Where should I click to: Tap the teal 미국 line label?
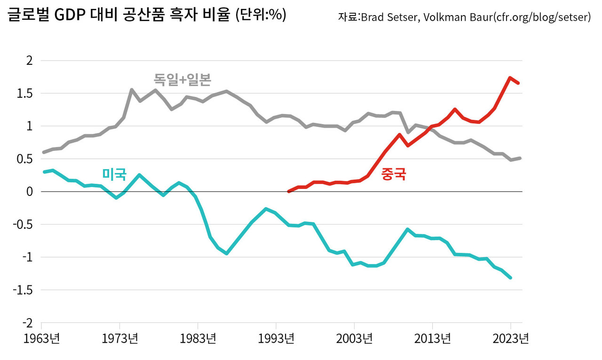tap(114, 174)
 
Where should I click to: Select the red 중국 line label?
tap(394, 174)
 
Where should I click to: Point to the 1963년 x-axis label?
tap(41, 338)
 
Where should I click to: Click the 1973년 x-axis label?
tap(119, 338)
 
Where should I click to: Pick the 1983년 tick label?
tap(198, 338)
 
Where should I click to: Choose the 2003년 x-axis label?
tap(354, 338)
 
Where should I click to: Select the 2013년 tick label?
tap(432, 338)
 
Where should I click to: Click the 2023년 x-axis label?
tap(510, 338)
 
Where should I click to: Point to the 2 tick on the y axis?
tap(30, 61)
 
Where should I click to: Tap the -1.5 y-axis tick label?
tap(24, 290)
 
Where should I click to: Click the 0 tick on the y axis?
tap(30, 192)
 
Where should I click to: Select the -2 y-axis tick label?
tap(26, 323)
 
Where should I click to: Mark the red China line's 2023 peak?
tap(510, 78)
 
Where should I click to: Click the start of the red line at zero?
tap(288, 191)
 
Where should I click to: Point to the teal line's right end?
tap(510, 278)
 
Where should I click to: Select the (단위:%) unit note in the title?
tap(260, 16)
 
